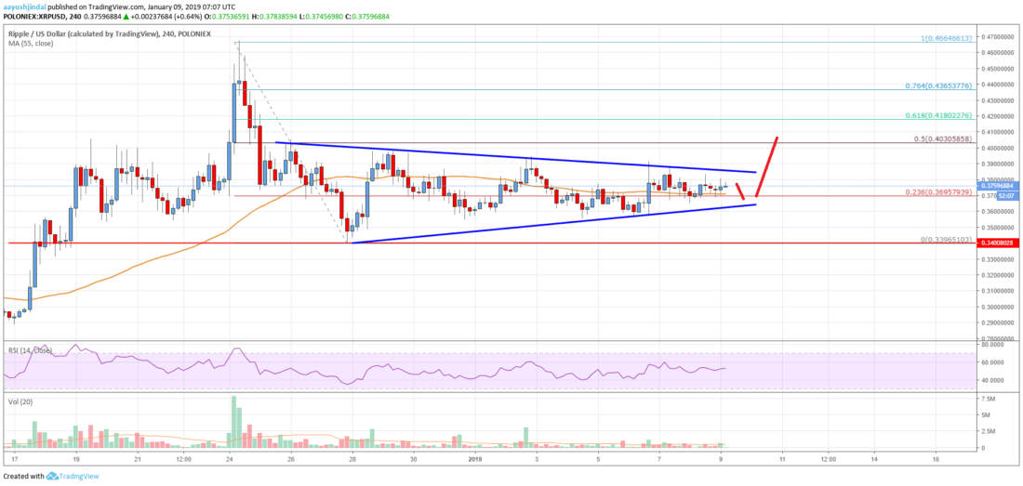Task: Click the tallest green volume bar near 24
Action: tap(232, 420)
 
